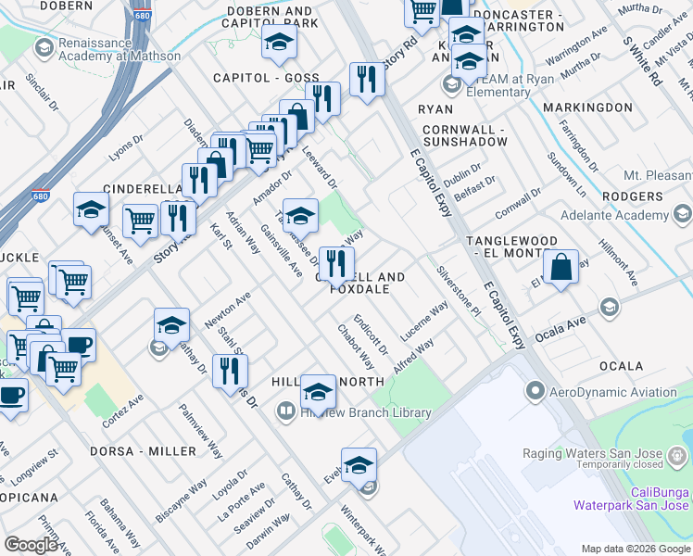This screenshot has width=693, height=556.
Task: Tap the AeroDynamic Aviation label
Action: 614,392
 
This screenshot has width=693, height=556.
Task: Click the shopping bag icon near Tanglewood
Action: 561,269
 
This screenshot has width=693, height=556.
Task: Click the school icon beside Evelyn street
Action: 359,465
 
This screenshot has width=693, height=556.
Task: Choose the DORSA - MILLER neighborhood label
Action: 143,451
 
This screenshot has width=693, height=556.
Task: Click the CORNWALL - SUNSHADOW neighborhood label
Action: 464,135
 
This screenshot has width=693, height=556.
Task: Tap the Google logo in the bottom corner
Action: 31,545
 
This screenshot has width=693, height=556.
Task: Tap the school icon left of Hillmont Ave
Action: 609,307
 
